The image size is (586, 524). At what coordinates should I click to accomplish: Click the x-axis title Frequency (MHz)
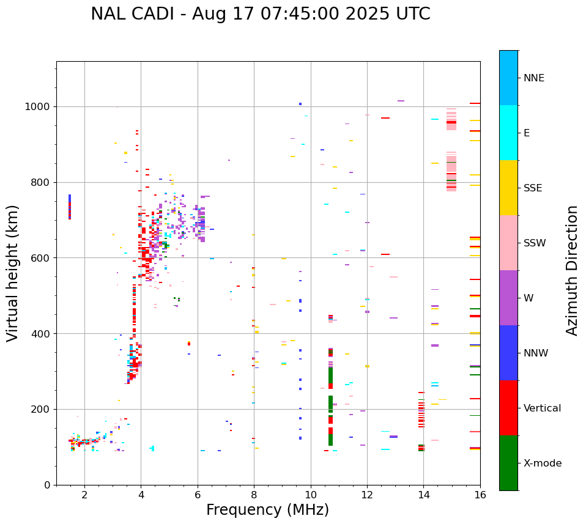[267, 510]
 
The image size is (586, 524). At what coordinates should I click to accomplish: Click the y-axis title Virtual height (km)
[13, 273]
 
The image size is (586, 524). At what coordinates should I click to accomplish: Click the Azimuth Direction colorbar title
[572, 270]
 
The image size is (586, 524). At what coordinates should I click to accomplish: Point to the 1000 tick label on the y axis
[37, 106]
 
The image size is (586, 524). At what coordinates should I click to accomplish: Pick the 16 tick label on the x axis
[480, 495]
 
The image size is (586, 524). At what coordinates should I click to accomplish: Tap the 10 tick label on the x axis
[311, 495]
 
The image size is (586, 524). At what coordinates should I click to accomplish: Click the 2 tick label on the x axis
[84, 495]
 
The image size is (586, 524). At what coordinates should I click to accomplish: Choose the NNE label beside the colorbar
[533, 78]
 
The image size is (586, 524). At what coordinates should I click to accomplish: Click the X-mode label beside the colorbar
[542, 463]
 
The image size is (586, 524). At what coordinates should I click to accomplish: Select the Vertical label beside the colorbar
[542, 408]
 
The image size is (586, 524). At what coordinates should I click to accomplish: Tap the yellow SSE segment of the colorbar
[508, 188]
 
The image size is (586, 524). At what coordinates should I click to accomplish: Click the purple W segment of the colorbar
[508, 298]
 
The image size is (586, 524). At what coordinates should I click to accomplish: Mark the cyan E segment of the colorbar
[508, 133]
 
